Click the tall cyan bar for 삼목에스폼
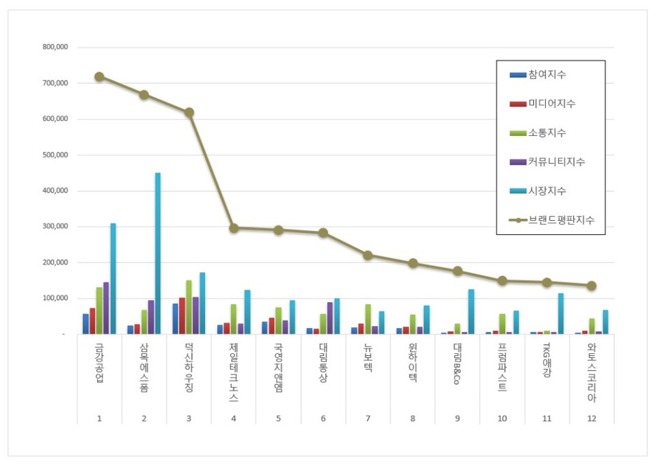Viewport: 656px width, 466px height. coord(158,253)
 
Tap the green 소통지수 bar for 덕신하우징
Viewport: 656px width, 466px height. coord(189,307)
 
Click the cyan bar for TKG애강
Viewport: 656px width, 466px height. coord(561,314)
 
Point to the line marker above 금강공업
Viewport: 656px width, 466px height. coord(99,77)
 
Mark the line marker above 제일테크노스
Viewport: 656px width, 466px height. coord(234,228)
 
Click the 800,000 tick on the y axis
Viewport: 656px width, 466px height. coord(55,47)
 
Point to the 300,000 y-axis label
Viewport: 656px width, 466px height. coord(55,227)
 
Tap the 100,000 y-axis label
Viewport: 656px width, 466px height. coord(55,299)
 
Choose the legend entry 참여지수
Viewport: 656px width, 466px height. coord(547,74)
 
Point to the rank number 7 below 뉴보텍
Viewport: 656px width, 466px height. coord(368,418)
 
